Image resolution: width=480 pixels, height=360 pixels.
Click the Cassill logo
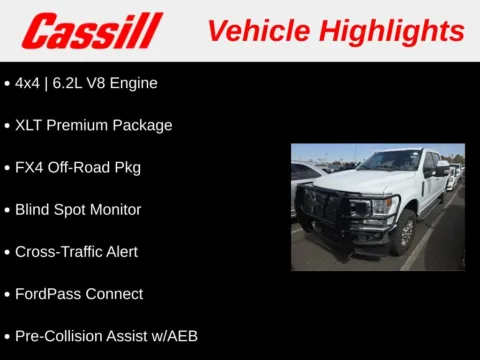coord(91,31)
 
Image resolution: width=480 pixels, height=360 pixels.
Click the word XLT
coord(30,125)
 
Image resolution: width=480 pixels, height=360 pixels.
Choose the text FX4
coord(30,167)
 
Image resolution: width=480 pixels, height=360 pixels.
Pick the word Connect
coord(115,294)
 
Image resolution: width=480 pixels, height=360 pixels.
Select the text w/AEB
coord(171,336)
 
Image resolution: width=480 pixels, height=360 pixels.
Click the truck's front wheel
coord(405,231)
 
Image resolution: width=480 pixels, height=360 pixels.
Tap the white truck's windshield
coord(389,161)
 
